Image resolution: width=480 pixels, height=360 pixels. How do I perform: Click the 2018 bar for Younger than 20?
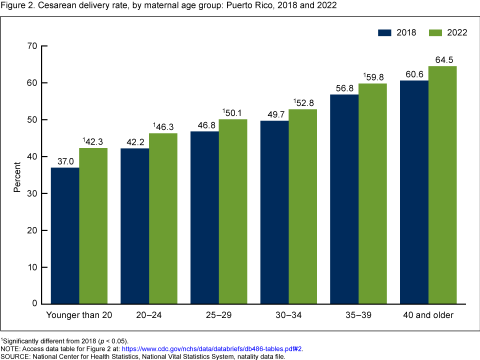coord(65,235)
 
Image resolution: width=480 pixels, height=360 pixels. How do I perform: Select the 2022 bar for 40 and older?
coord(442,185)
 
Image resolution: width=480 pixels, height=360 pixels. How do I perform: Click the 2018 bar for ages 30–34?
coord(274,212)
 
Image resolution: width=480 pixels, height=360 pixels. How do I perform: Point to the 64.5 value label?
coord(442,60)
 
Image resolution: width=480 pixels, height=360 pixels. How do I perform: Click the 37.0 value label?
coord(65,161)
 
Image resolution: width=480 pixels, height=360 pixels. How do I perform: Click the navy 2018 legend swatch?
coord(384,32)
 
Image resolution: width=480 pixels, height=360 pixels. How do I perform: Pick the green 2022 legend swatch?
coord(436,32)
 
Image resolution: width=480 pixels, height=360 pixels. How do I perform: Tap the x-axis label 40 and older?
coord(428,315)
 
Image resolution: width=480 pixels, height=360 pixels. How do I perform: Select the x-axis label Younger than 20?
coord(79,315)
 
